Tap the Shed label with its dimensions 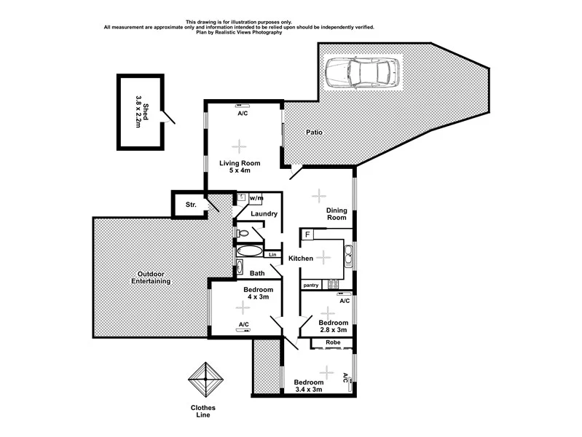[141, 115]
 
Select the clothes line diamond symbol [206, 379]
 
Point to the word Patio [314, 133]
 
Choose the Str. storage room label [191, 205]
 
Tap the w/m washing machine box [256, 198]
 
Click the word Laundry [262, 214]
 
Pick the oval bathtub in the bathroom [251, 252]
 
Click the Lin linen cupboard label [272, 254]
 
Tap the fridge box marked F [309, 234]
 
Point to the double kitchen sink [348, 255]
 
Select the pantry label [312, 285]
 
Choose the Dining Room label [336, 213]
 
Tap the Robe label [333, 342]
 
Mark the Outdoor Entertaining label [151, 277]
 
